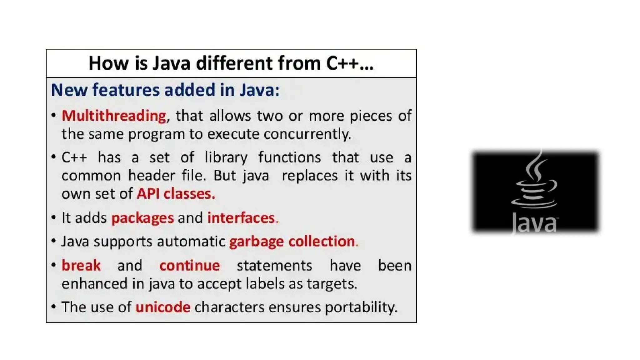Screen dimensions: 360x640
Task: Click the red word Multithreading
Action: pos(114,116)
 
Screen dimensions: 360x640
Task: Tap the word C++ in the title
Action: pos(342,63)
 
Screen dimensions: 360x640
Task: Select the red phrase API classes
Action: pos(176,194)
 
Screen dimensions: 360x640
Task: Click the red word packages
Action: pos(142,218)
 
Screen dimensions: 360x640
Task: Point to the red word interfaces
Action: pos(241,218)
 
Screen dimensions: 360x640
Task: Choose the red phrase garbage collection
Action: pos(292,242)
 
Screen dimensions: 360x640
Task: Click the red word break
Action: pos(81,266)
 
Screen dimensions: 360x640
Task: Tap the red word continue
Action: pos(190,266)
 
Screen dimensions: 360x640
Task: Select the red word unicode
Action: pos(163,307)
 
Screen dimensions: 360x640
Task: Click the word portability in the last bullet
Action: pos(361,307)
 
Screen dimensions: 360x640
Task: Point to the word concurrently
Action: pos(307,134)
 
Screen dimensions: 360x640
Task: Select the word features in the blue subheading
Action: pos(126,90)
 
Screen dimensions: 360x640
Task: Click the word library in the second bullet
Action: pos(226,157)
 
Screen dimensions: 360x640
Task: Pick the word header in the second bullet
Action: pos(151,176)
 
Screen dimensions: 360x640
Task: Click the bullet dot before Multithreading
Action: pos(54,115)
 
